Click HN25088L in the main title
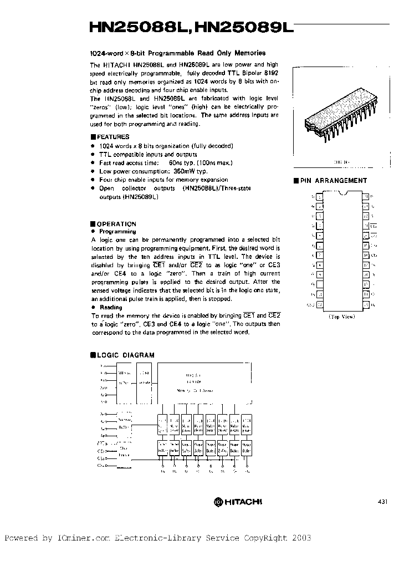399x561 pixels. click(x=140, y=29)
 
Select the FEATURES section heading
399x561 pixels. click(x=112, y=137)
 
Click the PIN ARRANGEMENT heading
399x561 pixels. click(x=334, y=181)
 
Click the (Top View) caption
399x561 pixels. click(x=342, y=317)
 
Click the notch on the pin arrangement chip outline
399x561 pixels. click(x=342, y=192)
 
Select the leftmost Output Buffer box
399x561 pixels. click(x=162, y=448)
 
